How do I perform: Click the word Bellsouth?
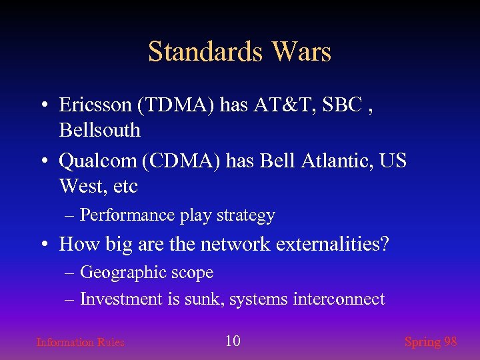click(x=100, y=130)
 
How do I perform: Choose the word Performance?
click(x=127, y=215)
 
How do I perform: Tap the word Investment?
click(x=121, y=299)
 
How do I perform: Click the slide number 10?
click(x=233, y=341)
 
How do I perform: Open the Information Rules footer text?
click(x=80, y=342)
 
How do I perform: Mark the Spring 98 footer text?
click(x=431, y=342)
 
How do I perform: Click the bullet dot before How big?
click(x=43, y=245)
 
